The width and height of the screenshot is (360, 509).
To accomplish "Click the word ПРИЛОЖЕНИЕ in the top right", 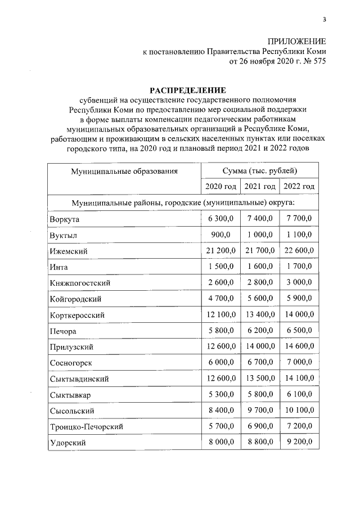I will (297, 43).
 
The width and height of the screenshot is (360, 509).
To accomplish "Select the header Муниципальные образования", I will (124, 170).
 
